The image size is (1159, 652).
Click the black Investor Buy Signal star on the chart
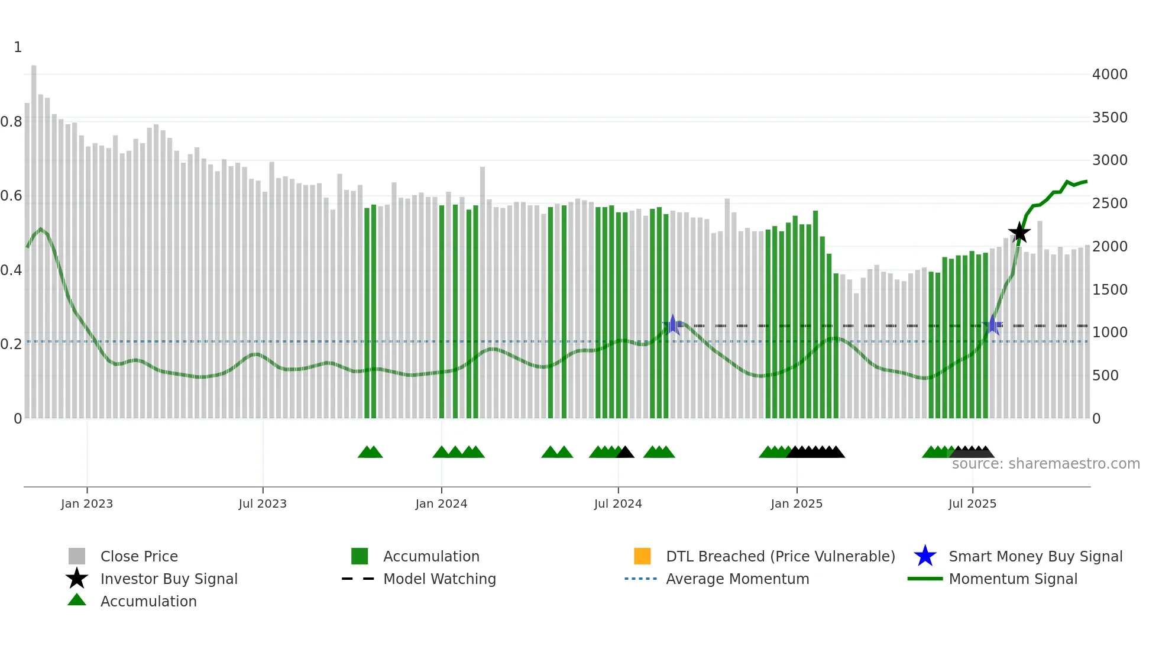(x=1019, y=233)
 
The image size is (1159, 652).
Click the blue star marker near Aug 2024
(x=672, y=325)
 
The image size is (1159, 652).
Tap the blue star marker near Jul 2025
(x=993, y=325)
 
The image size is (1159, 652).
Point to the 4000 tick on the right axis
(x=1109, y=75)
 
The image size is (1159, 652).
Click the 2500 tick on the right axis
(x=1109, y=204)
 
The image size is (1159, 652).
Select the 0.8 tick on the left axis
(x=12, y=122)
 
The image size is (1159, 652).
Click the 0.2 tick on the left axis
(x=12, y=344)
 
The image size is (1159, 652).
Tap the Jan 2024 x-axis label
(x=441, y=503)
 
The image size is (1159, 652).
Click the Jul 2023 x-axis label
(x=263, y=503)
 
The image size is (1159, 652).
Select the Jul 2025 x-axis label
(x=972, y=503)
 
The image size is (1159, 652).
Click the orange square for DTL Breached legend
(x=642, y=556)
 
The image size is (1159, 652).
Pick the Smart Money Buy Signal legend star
(x=925, y=556)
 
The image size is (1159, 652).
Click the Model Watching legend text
(x=439, y=579)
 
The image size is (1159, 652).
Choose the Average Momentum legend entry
(x=737, y=579)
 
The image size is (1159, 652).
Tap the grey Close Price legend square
(x=77, y=556)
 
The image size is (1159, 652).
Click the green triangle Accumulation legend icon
(x=77, y=600)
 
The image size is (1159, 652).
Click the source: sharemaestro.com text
(x=1045, y=464)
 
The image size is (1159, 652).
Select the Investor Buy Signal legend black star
(x=77, y=579)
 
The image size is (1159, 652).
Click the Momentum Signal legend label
(x=1013, y=579)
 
